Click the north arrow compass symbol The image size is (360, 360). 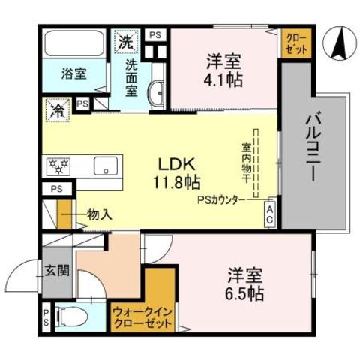[x=337, y=46]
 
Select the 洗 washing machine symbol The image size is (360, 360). [x=124, y=43]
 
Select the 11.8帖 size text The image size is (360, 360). [x=176, y=182]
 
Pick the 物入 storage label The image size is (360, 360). [x=99, y=214]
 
